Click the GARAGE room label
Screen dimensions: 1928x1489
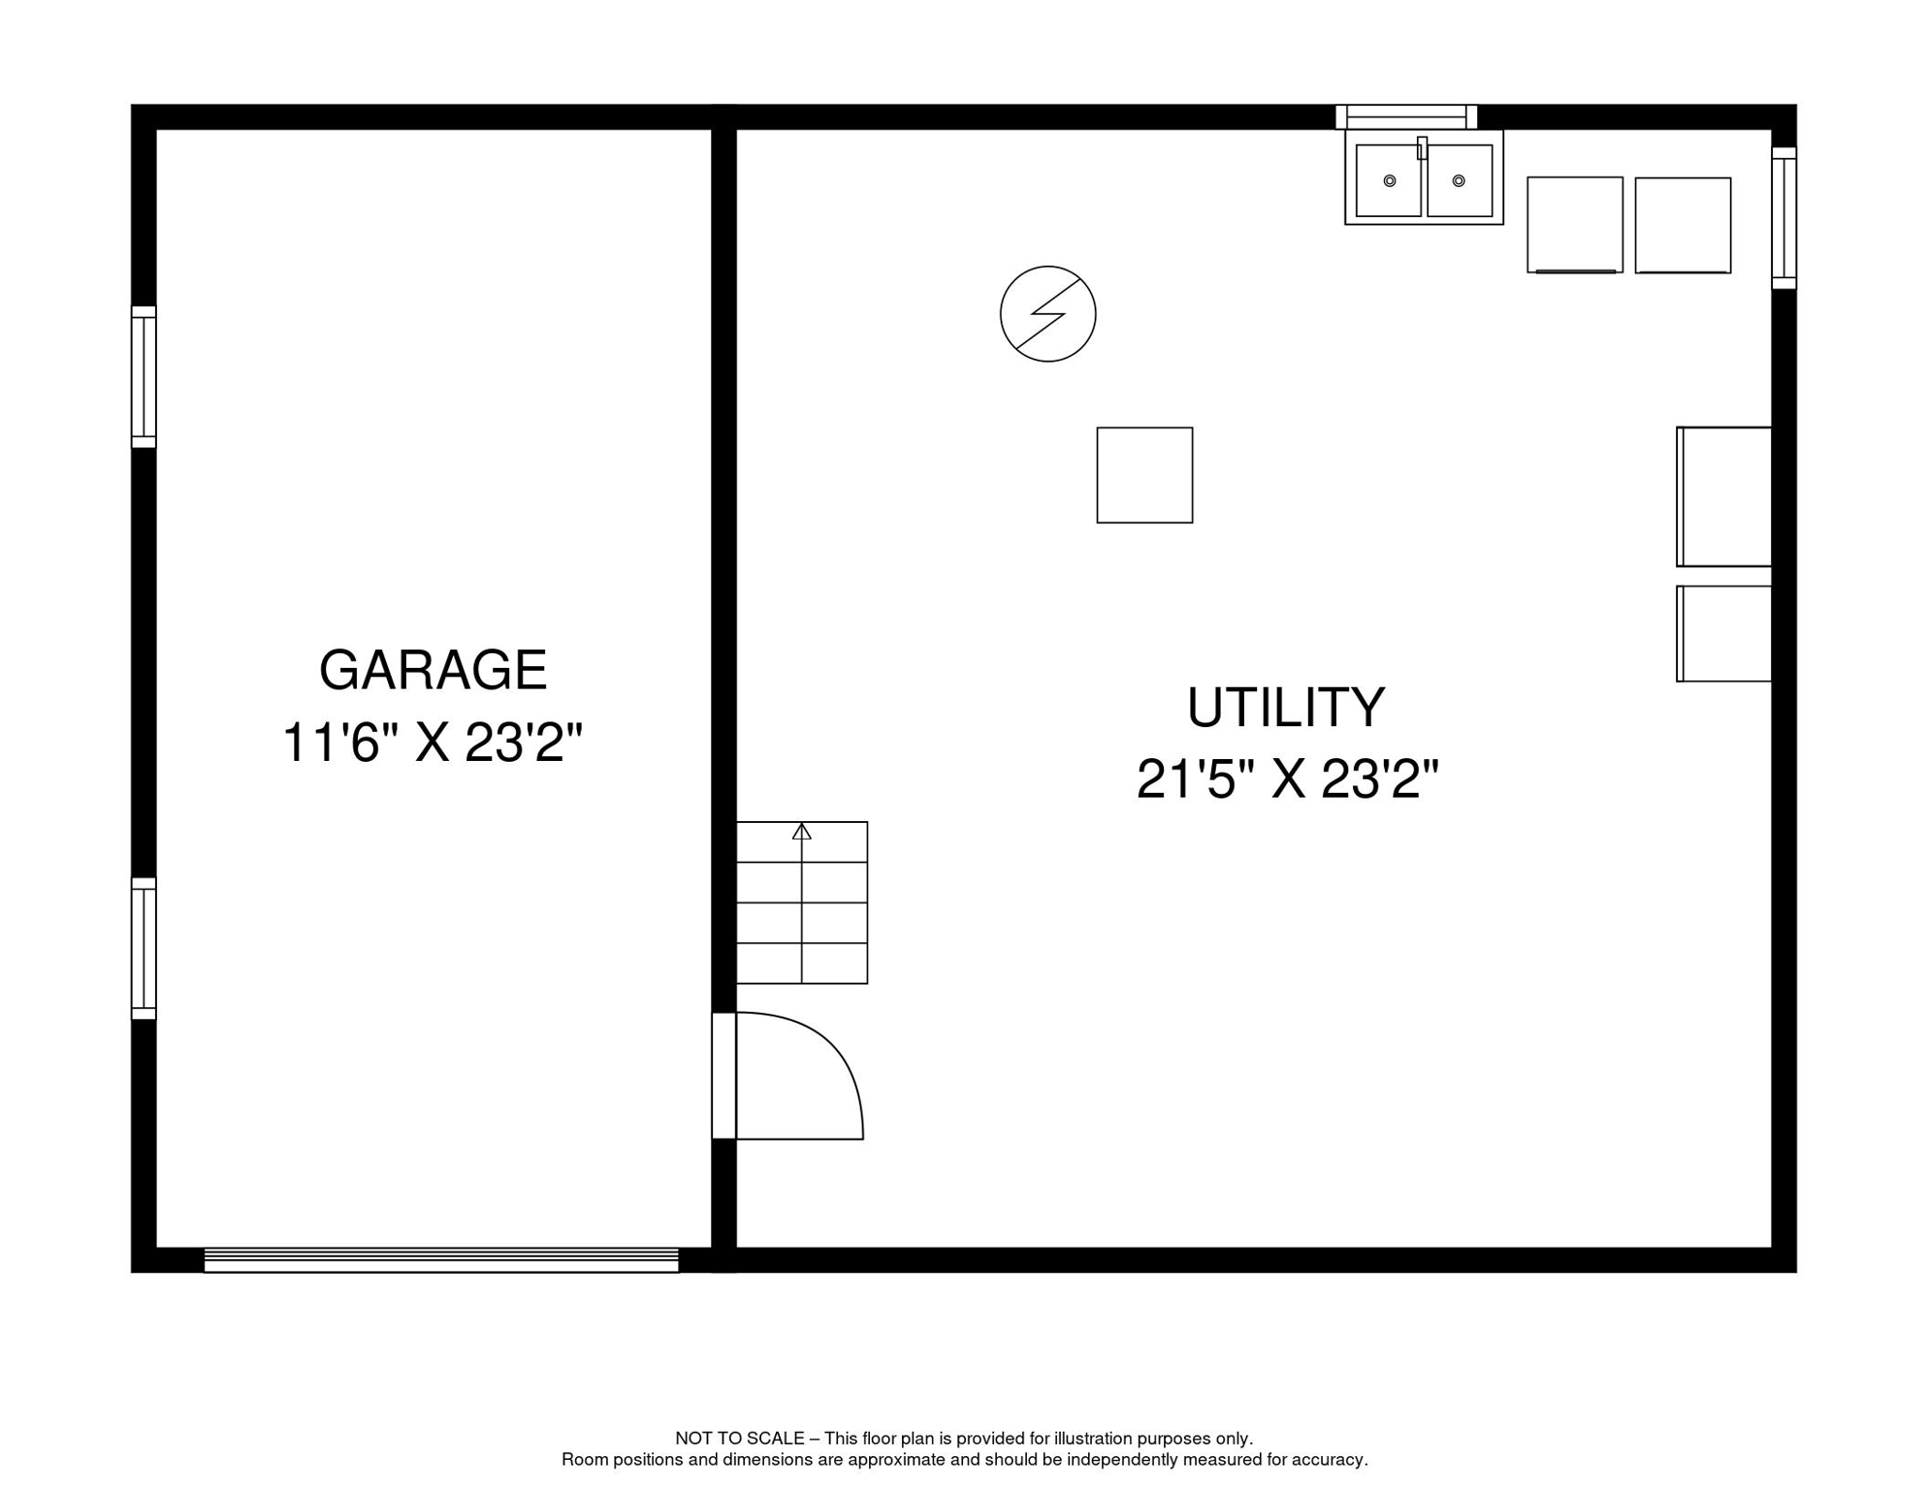(x=433, y=670)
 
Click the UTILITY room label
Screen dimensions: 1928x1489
(x=1286, y=708)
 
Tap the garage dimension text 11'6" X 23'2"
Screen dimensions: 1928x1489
(x=432, y=744)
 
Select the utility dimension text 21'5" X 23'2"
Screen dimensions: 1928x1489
(x=1287, y=779)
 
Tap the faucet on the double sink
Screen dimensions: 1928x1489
(x=1422, y=148)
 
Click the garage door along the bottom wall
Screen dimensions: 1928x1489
(x=441, y=1260)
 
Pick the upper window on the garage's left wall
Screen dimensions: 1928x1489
(x=144, y=377)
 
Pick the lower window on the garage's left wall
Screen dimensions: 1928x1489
(x=144, y=948)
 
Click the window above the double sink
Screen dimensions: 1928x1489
(x=1406, y=117)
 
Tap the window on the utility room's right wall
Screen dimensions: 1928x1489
(x=1784, y=218)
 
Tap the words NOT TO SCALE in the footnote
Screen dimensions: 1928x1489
(x=740, y=1439)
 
